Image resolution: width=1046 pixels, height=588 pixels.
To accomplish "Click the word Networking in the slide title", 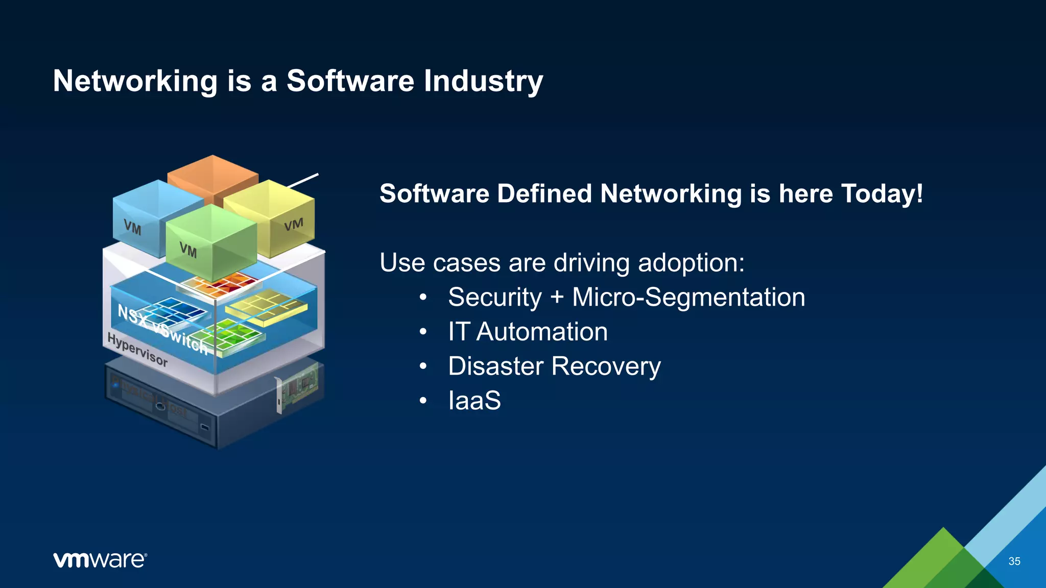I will click(x=135, y=81).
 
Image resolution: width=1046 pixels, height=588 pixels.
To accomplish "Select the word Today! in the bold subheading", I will click(x=882, y=194).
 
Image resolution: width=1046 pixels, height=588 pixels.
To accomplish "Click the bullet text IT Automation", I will click(x=528, y=332).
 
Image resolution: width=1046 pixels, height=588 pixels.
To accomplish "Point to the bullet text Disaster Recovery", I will click(x=554, y=366).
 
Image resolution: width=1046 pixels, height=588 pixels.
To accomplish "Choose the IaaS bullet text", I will click(x=474, y=401).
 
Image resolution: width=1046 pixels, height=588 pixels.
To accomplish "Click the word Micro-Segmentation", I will click(x=688, y=298).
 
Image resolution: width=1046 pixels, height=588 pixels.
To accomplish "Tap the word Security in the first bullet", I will click(x=494, y=298).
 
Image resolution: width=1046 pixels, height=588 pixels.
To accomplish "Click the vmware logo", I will click(x=100, y=560).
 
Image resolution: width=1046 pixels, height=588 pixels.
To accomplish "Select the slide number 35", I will click(x=1014, y=561).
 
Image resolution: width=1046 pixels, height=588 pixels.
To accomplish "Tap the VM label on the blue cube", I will click(x=132, y=228).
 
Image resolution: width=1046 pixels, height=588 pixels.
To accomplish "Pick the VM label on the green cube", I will click(x=188, y=250).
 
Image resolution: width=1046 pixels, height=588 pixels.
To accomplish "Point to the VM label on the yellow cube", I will click(x=294, y=225).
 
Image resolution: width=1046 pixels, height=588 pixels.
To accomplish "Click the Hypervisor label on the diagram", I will click(x=137, y=350).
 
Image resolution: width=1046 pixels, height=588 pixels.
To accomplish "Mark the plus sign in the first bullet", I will click(x=557, y=298).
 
